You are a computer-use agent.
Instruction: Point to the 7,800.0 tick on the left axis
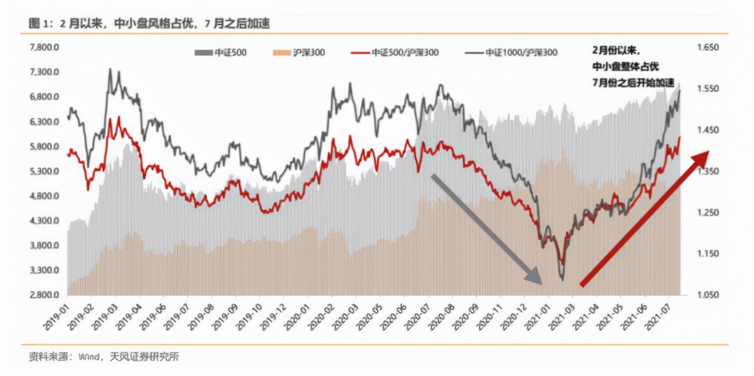44,47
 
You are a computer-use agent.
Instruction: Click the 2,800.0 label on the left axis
44,295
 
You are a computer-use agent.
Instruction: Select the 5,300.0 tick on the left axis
44,171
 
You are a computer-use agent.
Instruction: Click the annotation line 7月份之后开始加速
633,82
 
